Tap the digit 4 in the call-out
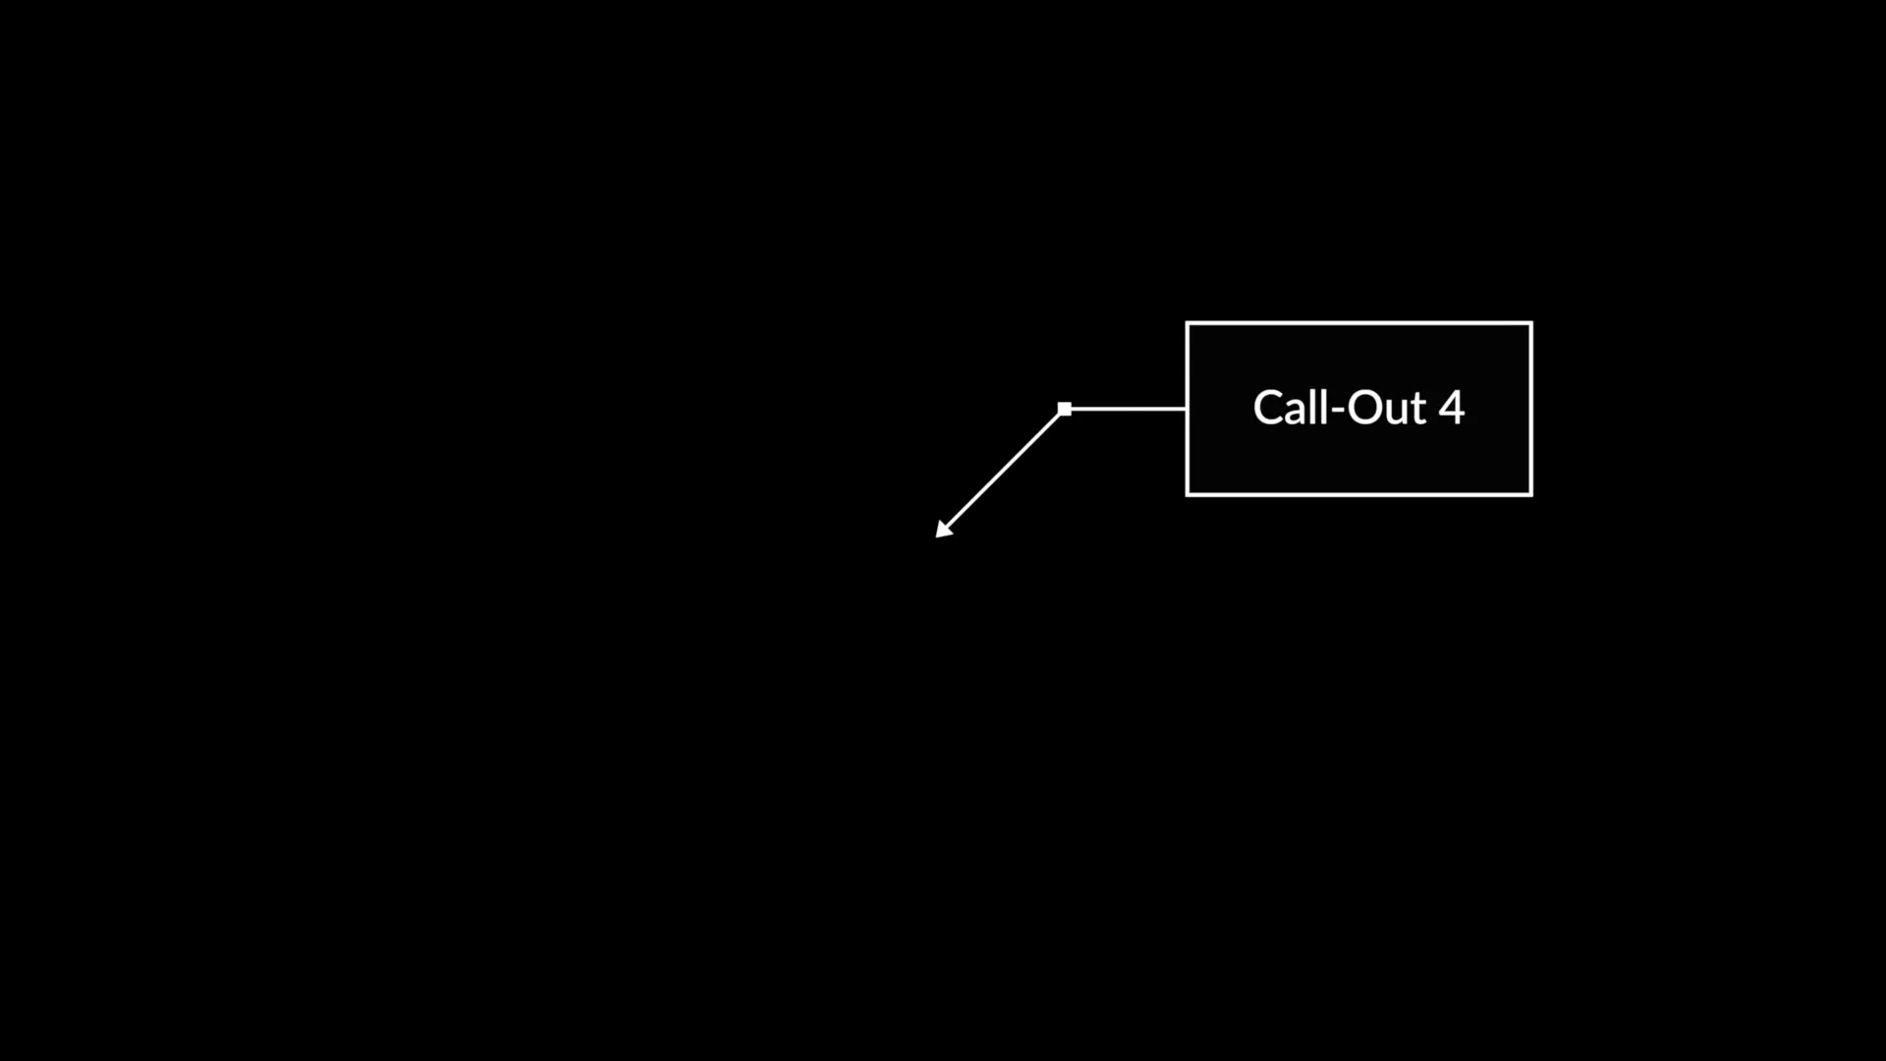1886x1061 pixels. tap(1452, 408)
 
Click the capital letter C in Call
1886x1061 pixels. tap(1269, 408)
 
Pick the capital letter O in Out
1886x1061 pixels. tap(1364, 408)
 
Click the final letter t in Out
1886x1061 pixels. tap(1418, 411)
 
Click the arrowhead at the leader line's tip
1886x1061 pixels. tap(943, 530)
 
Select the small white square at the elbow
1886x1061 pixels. tap(1065, 409)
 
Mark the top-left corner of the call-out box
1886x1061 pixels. tap(1187, 322)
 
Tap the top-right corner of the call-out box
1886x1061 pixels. tap(1531, 322)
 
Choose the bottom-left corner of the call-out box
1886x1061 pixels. tap(1187, 495)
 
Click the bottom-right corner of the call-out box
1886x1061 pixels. tap(1531, 495)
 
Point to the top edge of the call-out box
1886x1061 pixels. tap(1359, 322)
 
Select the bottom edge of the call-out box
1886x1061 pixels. tap(1359, 494)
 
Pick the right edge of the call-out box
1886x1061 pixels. tap(1530, 409)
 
